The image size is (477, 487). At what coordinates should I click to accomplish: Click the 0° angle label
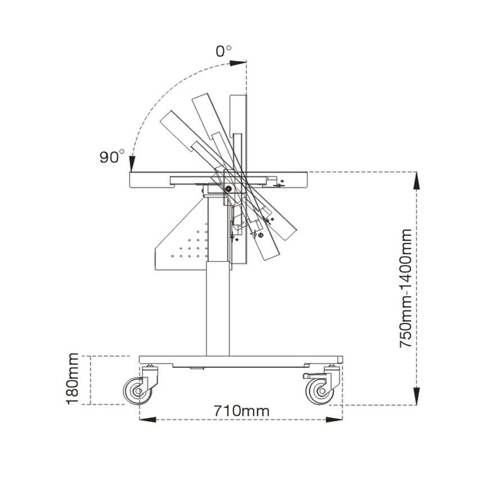[x=223, y=51]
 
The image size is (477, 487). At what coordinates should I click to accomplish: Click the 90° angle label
[x=112, y=156]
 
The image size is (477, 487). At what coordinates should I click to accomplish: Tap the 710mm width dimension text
[x=241, y=411]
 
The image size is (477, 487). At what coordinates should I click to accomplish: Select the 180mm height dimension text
[x=72, y=379]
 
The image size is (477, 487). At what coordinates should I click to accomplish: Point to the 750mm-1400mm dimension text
[x=405, y=288]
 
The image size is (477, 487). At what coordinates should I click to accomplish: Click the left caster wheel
[x=137, y=391]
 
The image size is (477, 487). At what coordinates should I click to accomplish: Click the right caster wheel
[x=320, y=391]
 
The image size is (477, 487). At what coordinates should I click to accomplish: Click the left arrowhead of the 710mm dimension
[x=148, y=420]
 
